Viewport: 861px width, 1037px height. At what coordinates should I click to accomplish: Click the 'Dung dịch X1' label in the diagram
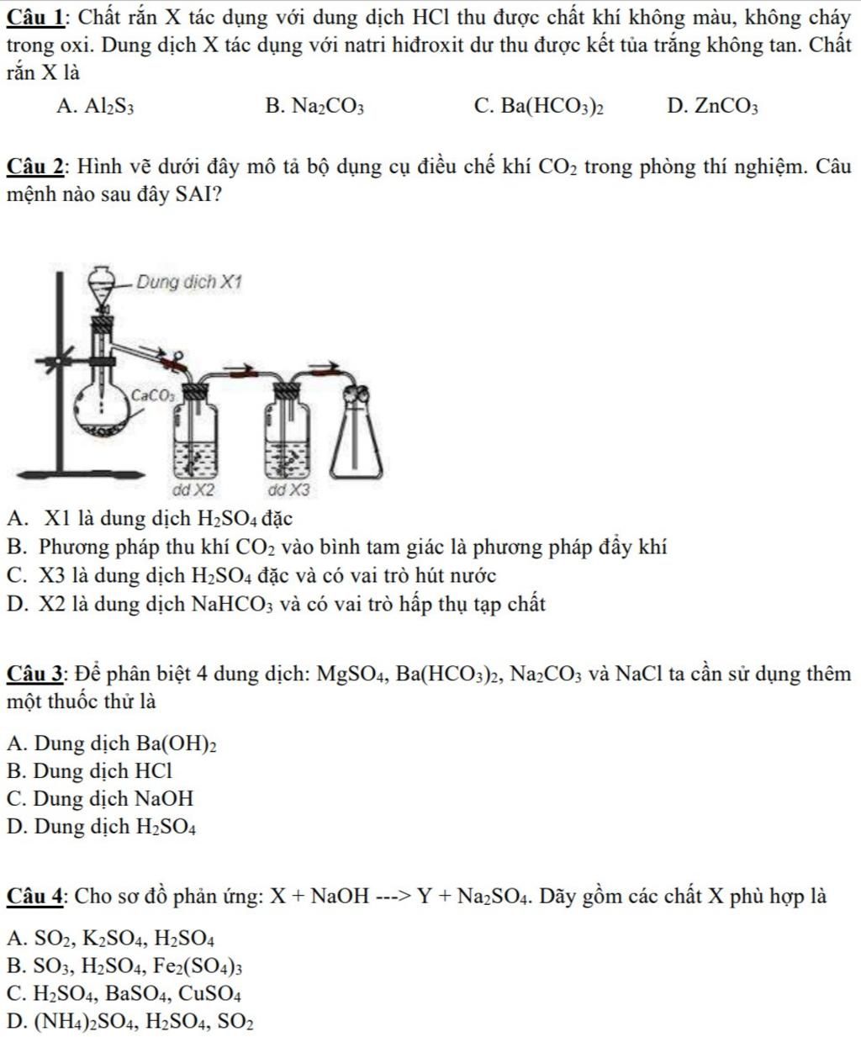pos(188,283)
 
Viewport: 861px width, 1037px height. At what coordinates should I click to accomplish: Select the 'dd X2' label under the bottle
pos(193,489)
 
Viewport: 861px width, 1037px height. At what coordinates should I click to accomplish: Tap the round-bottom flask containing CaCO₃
pos(104,410)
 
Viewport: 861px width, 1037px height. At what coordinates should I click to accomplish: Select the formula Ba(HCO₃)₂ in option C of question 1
pos(551,106)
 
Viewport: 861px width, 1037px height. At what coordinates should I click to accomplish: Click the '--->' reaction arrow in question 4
pos(397,897)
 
